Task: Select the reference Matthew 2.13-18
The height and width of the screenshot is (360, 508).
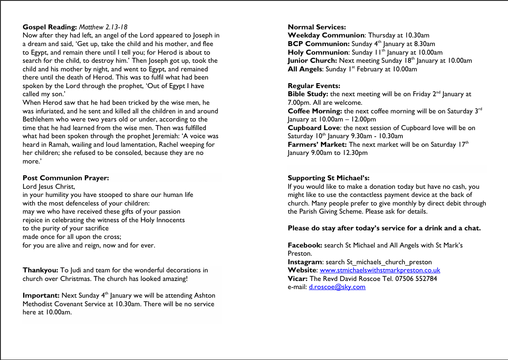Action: point(103,27)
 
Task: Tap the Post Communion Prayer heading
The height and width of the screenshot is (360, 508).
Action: point(65,178)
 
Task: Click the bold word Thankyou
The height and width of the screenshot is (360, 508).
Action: point(40,270)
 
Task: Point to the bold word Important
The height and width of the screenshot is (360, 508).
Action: point(41,295)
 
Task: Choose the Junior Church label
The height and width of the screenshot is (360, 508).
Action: point(312,61)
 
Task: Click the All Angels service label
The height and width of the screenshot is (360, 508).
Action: point(305,69)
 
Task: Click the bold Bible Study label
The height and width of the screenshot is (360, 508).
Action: point(308,94)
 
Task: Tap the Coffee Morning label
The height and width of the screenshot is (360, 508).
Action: point(315,111)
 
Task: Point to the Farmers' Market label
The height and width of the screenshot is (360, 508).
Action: point(317,145)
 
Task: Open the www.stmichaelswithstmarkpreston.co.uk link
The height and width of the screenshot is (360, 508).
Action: point(380,270)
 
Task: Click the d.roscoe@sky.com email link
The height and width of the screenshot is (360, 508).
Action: point(337,287)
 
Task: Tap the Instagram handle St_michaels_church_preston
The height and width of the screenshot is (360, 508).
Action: point(389,262)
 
